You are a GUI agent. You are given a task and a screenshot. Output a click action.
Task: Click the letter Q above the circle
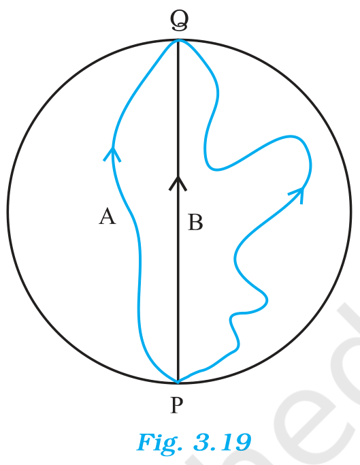point(180,20)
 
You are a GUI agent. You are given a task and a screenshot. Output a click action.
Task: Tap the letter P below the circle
point(177,405)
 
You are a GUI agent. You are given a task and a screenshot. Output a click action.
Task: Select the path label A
point(107,217)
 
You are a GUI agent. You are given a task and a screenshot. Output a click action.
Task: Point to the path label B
point(195,223)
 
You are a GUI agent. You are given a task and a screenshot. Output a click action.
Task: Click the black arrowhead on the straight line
point(178,183)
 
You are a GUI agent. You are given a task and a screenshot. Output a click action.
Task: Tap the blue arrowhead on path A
point(112,154)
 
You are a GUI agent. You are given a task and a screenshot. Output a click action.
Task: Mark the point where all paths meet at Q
point(178,40)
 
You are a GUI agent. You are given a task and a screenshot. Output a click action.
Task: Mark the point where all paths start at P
point(178,381)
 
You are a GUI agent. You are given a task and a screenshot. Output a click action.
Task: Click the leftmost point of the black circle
point(7,210)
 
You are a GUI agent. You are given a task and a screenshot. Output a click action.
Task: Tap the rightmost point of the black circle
point(350,210)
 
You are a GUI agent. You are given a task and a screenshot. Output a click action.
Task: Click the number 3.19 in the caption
point(222,443)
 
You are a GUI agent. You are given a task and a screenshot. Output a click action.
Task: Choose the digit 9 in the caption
point(242,443)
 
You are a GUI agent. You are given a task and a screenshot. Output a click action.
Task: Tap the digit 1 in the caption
point(225,443)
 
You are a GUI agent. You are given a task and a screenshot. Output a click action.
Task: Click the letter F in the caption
point(146,442)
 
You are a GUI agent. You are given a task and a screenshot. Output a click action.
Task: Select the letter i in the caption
point(158,443)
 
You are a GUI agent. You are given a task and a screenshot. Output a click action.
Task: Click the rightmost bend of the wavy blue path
point(311,166)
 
